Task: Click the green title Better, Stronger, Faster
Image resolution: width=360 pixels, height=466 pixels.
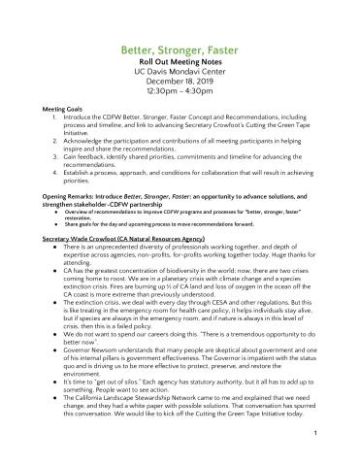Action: tap(180, 47)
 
